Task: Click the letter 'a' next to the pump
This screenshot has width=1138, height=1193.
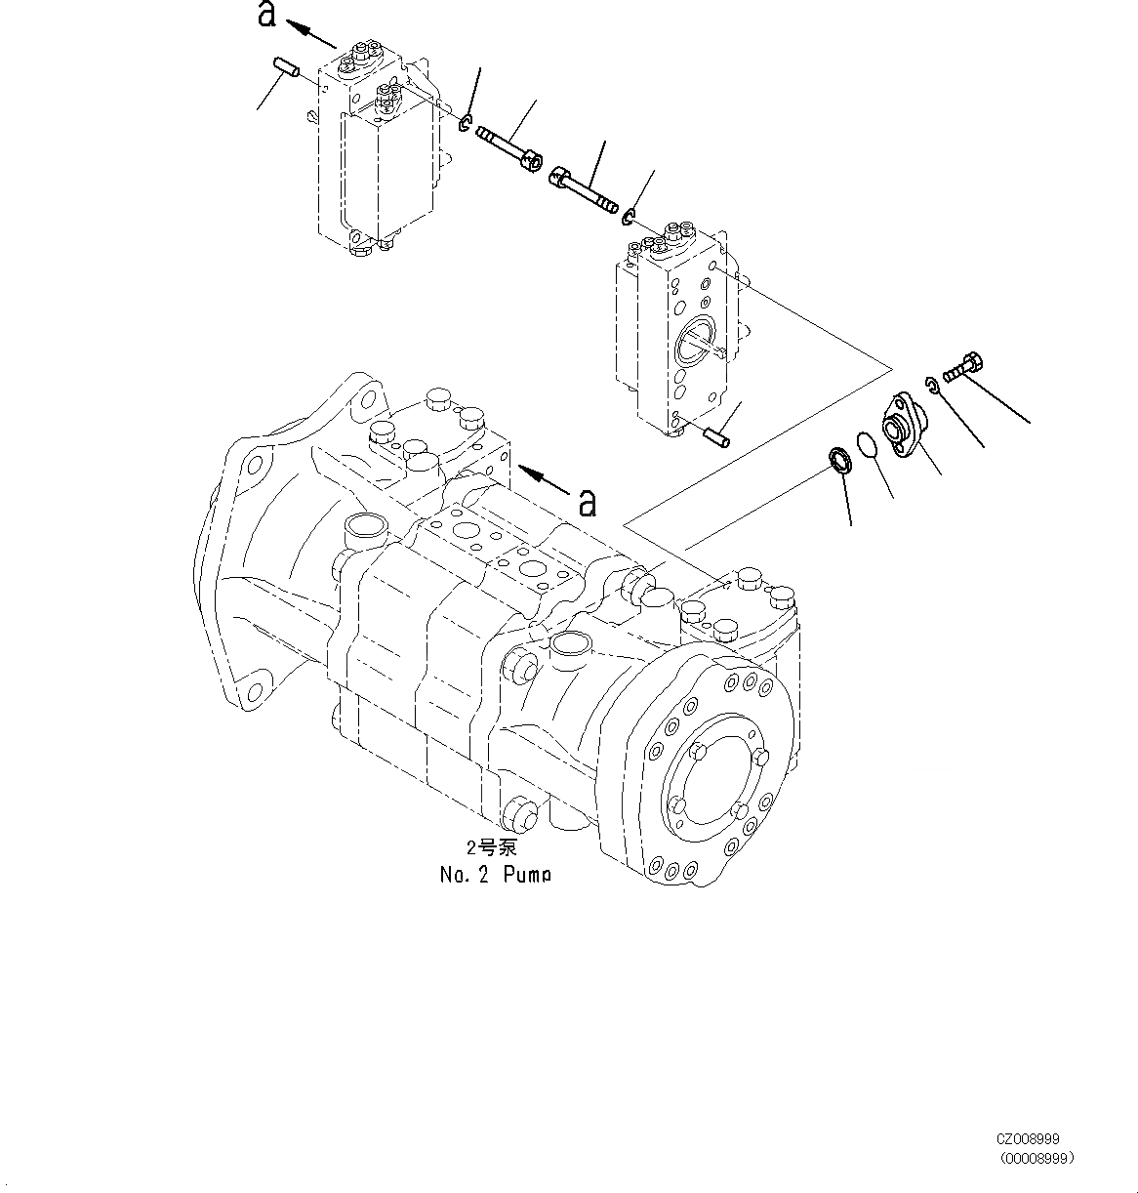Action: tap(587, 501)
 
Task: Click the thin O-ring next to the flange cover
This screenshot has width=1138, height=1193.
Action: tap(865, 444)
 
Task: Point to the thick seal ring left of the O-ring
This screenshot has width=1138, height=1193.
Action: tap(838, 458)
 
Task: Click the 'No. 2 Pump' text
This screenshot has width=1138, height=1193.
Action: tap(495, 874)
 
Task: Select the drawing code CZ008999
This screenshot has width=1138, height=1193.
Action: tap(1027, 1138)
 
